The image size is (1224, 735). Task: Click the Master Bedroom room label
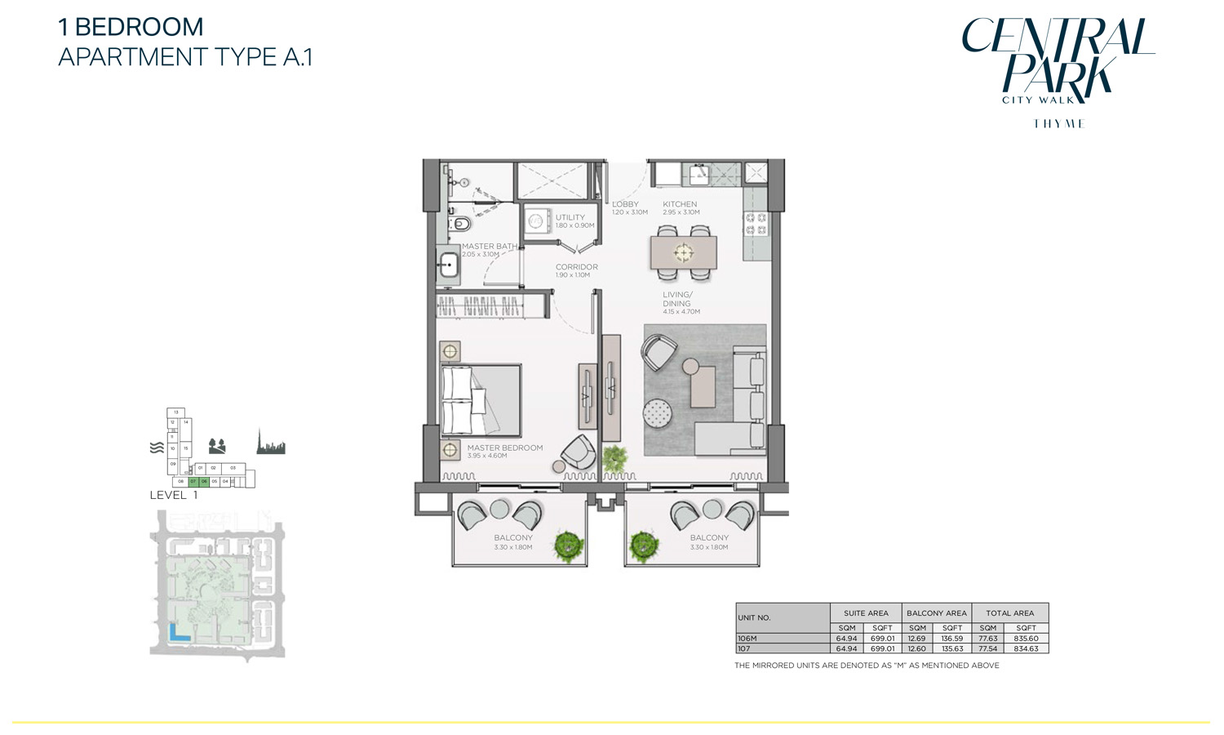[504, 448]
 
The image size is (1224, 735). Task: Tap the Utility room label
[570, 217]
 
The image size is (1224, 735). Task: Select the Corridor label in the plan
[577, 267]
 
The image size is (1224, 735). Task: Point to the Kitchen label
[680, 204]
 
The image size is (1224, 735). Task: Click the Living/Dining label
[677, 299]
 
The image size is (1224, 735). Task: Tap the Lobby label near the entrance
[626, 204]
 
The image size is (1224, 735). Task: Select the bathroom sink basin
[447, 265]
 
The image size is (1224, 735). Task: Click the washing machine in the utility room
[537, 220]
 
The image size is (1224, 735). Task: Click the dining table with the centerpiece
[684, 253]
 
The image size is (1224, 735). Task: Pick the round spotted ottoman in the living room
[658, 412]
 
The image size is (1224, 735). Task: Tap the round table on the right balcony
[712, 510]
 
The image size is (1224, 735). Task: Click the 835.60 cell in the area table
[1026, 639]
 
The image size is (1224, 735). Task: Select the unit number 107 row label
[744, 648]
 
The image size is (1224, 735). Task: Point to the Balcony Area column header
[936, 612]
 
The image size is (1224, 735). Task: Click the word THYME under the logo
[1058, 124]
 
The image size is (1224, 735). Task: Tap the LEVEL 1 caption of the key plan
[174, 495]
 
